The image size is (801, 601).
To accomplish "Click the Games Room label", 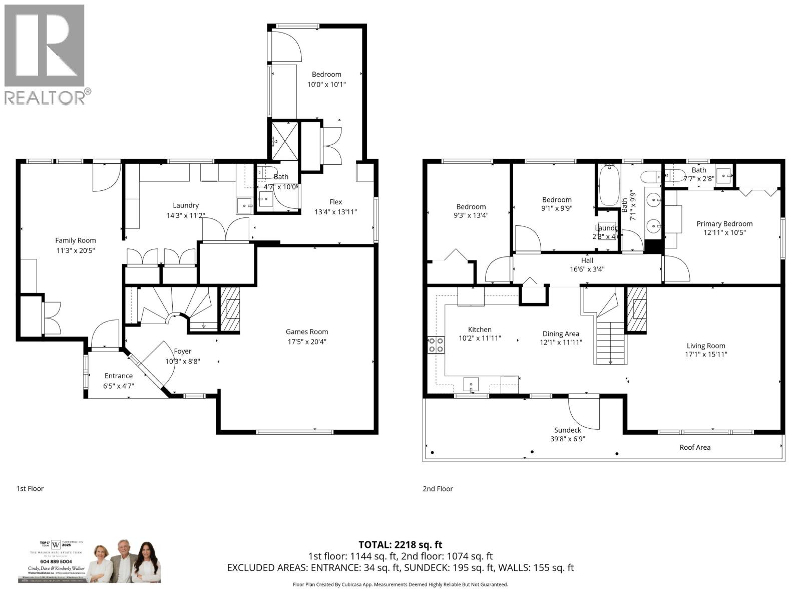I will point(307,332).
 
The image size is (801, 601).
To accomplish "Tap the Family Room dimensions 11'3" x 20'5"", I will point(76,250).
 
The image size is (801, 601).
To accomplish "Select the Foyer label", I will point(182,351).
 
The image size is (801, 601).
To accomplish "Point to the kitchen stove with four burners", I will point(436,345).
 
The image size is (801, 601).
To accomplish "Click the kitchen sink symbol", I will point(471,385).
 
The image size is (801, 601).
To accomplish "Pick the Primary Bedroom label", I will point(724,224).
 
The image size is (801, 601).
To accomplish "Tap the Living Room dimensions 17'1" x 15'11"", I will point(706,355).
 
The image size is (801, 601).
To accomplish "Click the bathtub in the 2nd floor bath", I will point(609,186).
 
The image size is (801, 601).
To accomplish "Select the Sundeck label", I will point(568,430).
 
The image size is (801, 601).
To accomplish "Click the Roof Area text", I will point(694,447).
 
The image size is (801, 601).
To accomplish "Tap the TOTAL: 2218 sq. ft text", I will point(400,544).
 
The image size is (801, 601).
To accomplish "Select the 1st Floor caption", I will point(30,488).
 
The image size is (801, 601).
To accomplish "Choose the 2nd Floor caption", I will point(438,488).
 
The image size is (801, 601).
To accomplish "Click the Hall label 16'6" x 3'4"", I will point(587,264).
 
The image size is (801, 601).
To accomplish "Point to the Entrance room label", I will point(119,376).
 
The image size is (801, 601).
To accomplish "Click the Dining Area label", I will point(561,334).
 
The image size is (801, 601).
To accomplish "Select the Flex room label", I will point(335,202).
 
